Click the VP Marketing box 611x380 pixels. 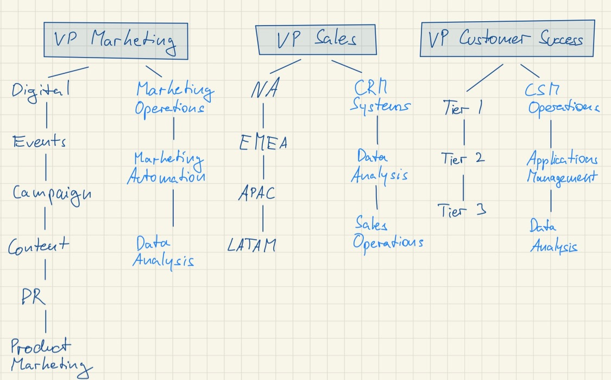pos(115,40)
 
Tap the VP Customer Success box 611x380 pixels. pos(506,40)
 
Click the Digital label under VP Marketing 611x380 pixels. pos(41,91)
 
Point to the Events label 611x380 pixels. pos(40,142)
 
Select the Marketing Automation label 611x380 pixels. pos(167,168)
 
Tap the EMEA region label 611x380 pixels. pos(263,143)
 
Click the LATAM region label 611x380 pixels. pos(251,245)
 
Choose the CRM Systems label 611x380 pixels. pos(379,97)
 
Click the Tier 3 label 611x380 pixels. pos(461,210)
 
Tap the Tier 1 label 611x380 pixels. pos(463,108)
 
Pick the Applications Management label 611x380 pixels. pos(562,168)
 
